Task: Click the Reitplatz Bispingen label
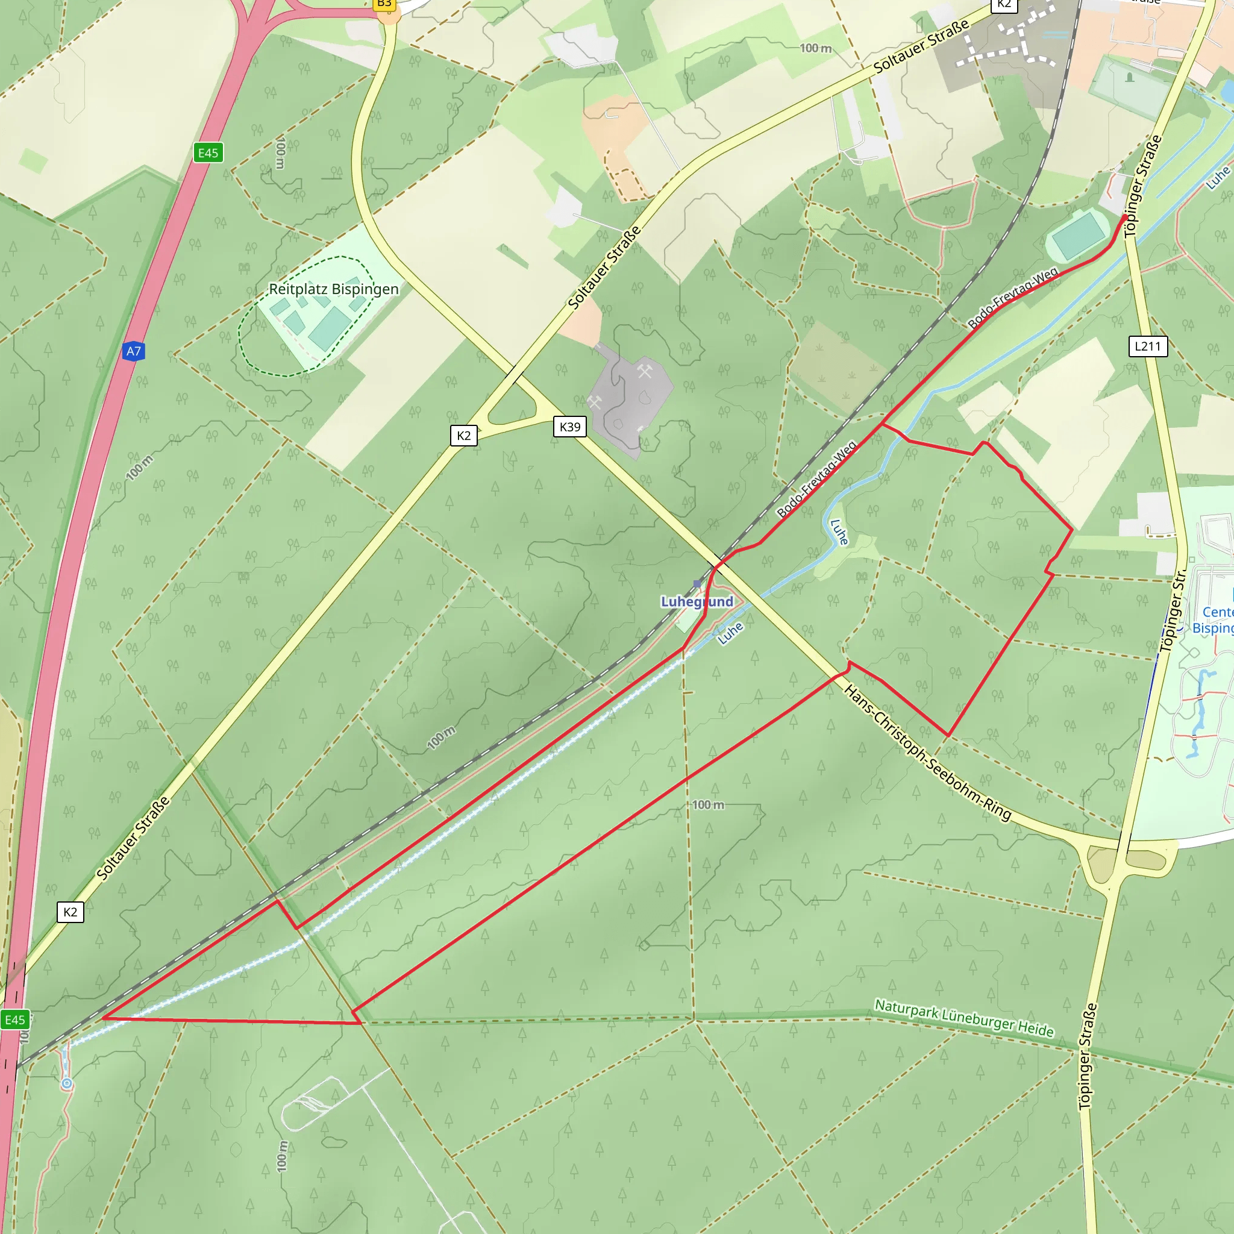click(333, 289)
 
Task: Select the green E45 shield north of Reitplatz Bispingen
click(208, 152)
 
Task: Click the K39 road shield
click(570, 427)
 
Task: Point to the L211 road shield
click(1147, 346)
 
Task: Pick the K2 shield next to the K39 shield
click(464, 436)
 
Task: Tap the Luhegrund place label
click(697, 602)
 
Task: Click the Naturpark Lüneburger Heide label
click(964, 1018)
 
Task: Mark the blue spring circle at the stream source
click(66, 1084)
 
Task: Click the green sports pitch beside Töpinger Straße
click(1079, 234)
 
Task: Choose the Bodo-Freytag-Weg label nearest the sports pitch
click(1013, 298)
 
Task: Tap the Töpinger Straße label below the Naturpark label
click(1088, 1056)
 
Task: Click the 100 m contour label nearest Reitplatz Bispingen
click(280, 152)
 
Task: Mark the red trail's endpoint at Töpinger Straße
click(1126, 217)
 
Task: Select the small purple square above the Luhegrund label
click(697, 584)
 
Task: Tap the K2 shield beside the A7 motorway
click(70, 912)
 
